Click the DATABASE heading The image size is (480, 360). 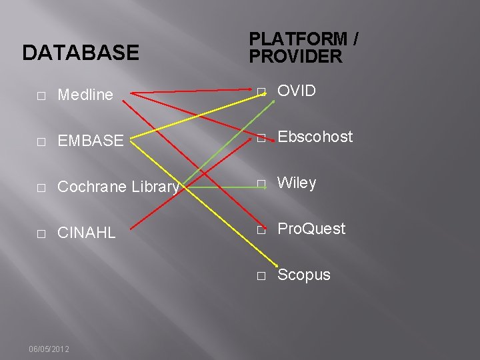(x=81, y=53)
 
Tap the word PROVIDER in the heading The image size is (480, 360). (x=295, y=57)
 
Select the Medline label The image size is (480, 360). (x=85, y=95)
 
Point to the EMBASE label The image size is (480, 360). (x=91, y=141)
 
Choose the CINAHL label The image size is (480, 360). (x=87, y=233)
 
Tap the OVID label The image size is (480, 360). (x=297, y=91)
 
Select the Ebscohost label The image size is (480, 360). (x=315, y=137)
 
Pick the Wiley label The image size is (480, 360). (x=297, y=183)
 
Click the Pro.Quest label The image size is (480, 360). (x=311, y=229)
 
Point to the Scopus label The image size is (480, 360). (x=304, y=275)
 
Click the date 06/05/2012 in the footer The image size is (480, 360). (x=49, y=349)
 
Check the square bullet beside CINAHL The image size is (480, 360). (x=41, y=234)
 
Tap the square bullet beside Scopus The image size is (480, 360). (x=261, y=275)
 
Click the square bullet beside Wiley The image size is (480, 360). (x=261, y=184)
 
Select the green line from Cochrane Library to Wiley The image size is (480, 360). (x=220, y=187)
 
